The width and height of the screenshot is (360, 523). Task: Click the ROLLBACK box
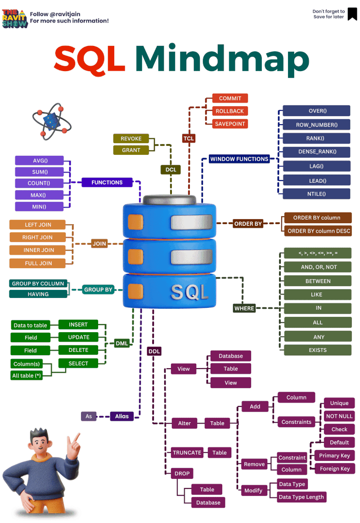point(229,111)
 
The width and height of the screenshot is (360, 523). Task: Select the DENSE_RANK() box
point(317,152)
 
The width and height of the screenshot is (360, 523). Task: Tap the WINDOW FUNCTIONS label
point(239,159)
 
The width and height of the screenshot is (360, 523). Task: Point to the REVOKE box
point(131,139)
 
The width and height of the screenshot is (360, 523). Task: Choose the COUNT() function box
point(39,183)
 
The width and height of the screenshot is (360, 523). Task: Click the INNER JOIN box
point(38,250)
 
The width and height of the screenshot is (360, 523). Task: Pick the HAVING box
point(38,294)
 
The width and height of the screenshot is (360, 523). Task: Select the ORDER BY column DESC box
point(319,231)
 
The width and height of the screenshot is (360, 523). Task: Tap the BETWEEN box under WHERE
point(318,281)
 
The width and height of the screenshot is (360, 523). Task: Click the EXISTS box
point(318,350)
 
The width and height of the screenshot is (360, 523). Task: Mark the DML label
point(122,343)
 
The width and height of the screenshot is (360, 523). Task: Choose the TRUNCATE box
point(187,453)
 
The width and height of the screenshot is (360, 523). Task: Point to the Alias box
point(122,416)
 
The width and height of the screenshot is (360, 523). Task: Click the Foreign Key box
point(334,469)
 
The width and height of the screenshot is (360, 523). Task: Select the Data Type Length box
point(301,497)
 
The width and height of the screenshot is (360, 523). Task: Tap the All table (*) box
point(27,376)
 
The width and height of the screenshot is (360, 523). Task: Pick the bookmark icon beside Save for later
point(352,14)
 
